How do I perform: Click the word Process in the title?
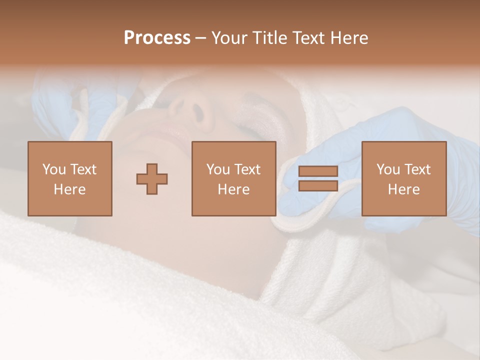coord(157,38)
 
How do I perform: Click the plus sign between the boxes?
coord(152,178)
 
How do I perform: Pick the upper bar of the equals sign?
coord(318,171)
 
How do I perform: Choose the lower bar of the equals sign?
coord(318,186)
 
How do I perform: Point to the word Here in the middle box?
coord(233,189)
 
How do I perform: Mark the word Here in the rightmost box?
coord(404,189)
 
